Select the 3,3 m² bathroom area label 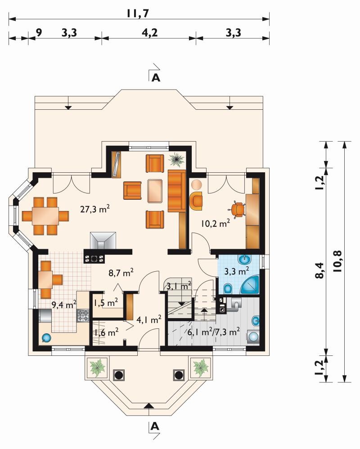coord(236,270)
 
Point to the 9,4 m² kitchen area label coord(63,305)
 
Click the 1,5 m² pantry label coord(106,302)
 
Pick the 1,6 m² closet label coord(106,332)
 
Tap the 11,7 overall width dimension coord(138,13)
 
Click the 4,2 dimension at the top coord(150,33)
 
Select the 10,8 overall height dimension coord(337,260)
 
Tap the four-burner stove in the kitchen coord(83,315)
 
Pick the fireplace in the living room coord(103,241)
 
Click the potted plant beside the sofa coord(177,160)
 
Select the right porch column coord(179,375)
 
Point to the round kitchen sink coord(46,338)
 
